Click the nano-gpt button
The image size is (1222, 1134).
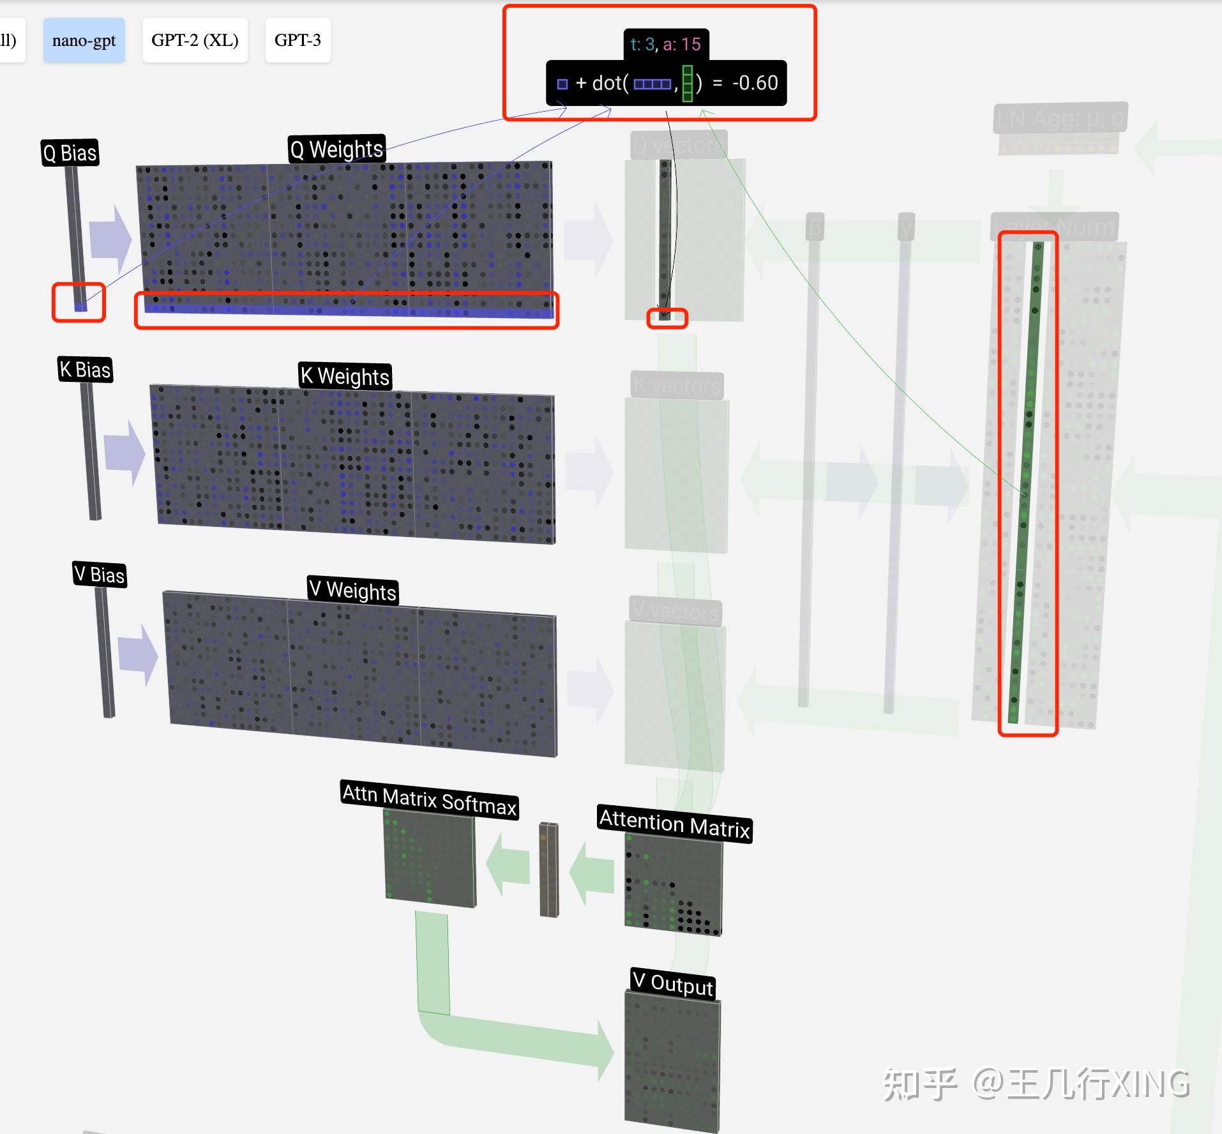point(84,40)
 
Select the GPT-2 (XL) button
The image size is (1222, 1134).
point(195,40)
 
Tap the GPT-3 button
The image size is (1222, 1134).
point(298,40)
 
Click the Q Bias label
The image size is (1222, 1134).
point(70,153)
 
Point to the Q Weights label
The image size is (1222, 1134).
point(336,149)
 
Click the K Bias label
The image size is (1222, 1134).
point(85,370)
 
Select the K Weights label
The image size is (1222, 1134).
point(345,376)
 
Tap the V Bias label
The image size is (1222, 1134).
point(99,575)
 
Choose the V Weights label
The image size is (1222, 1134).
point(352,591)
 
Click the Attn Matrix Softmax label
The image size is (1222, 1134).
point(429,800)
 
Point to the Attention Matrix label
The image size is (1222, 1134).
point(674,824)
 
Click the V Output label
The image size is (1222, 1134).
point(672,984)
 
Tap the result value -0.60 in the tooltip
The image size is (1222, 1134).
point(755,83)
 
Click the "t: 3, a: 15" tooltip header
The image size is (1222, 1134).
point(665,44)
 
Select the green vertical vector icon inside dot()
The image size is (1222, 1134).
point(687,83)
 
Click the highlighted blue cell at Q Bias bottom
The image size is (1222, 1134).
point(80,306)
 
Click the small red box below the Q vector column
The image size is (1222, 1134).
point(667,318)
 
